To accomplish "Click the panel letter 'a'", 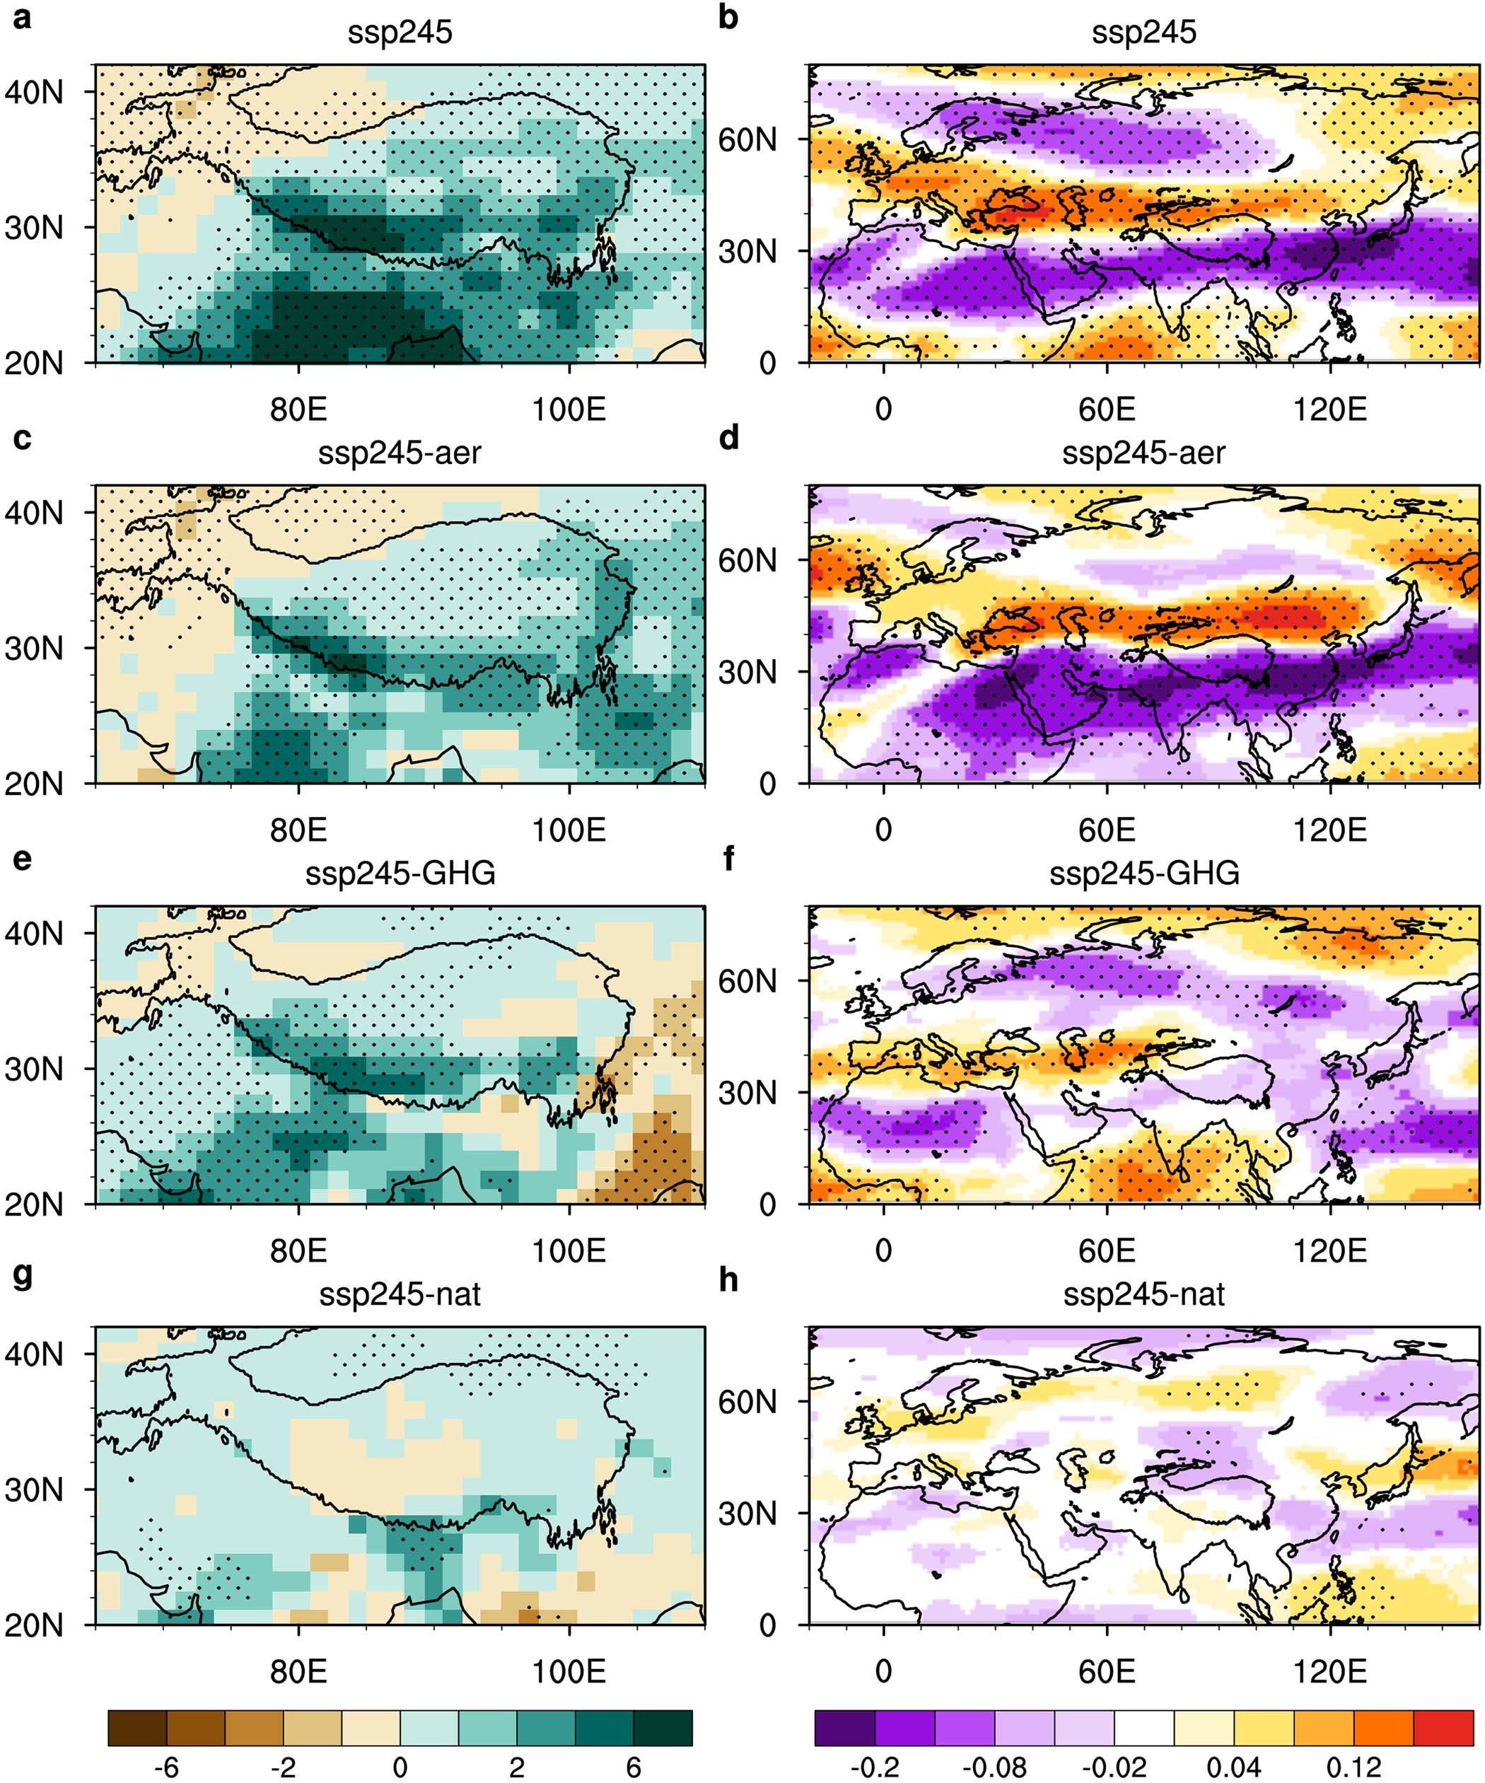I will (x=22, y=17).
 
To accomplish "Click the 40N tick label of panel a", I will (x=34, y=92).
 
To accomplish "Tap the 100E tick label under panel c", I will (x=568, y=830).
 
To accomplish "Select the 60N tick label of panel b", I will (x=747, y=139).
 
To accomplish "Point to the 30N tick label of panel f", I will (x=747, y=1093).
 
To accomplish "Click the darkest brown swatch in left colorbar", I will (x=138, y=1728).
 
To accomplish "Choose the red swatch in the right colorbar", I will (x=1443, y=1728).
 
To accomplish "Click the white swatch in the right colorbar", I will (x=1143, y=1728).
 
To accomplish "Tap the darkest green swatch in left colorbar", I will (x=663, y=1728).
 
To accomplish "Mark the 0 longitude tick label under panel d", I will (x=883, y=830).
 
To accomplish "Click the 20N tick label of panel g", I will (x=34, y=1625).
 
